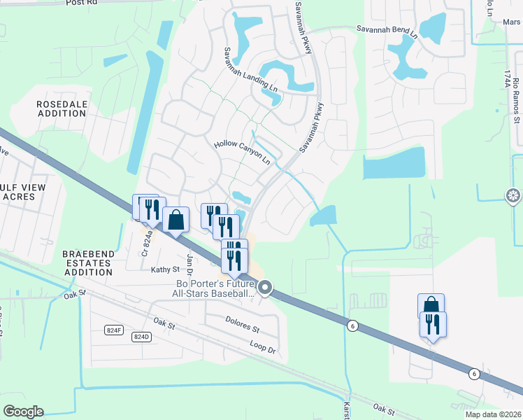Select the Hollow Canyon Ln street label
242,151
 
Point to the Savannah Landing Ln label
250,71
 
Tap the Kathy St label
166,269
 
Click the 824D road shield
141,337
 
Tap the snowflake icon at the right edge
514,195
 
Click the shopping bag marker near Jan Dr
175,220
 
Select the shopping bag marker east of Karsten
431,307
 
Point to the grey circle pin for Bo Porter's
265,287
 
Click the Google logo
23,412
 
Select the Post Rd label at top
81,3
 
